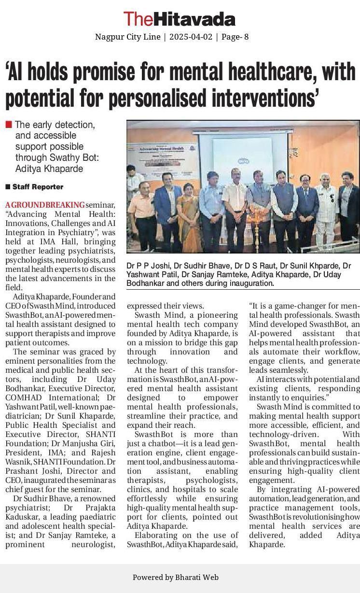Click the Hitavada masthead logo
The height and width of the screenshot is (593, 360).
(179, 19)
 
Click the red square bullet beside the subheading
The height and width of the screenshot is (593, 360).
(9, 125)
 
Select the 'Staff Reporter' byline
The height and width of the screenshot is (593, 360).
(38, 187)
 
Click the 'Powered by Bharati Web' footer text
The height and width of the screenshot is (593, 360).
(176, 577)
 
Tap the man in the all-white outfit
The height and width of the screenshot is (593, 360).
(326, 210)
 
